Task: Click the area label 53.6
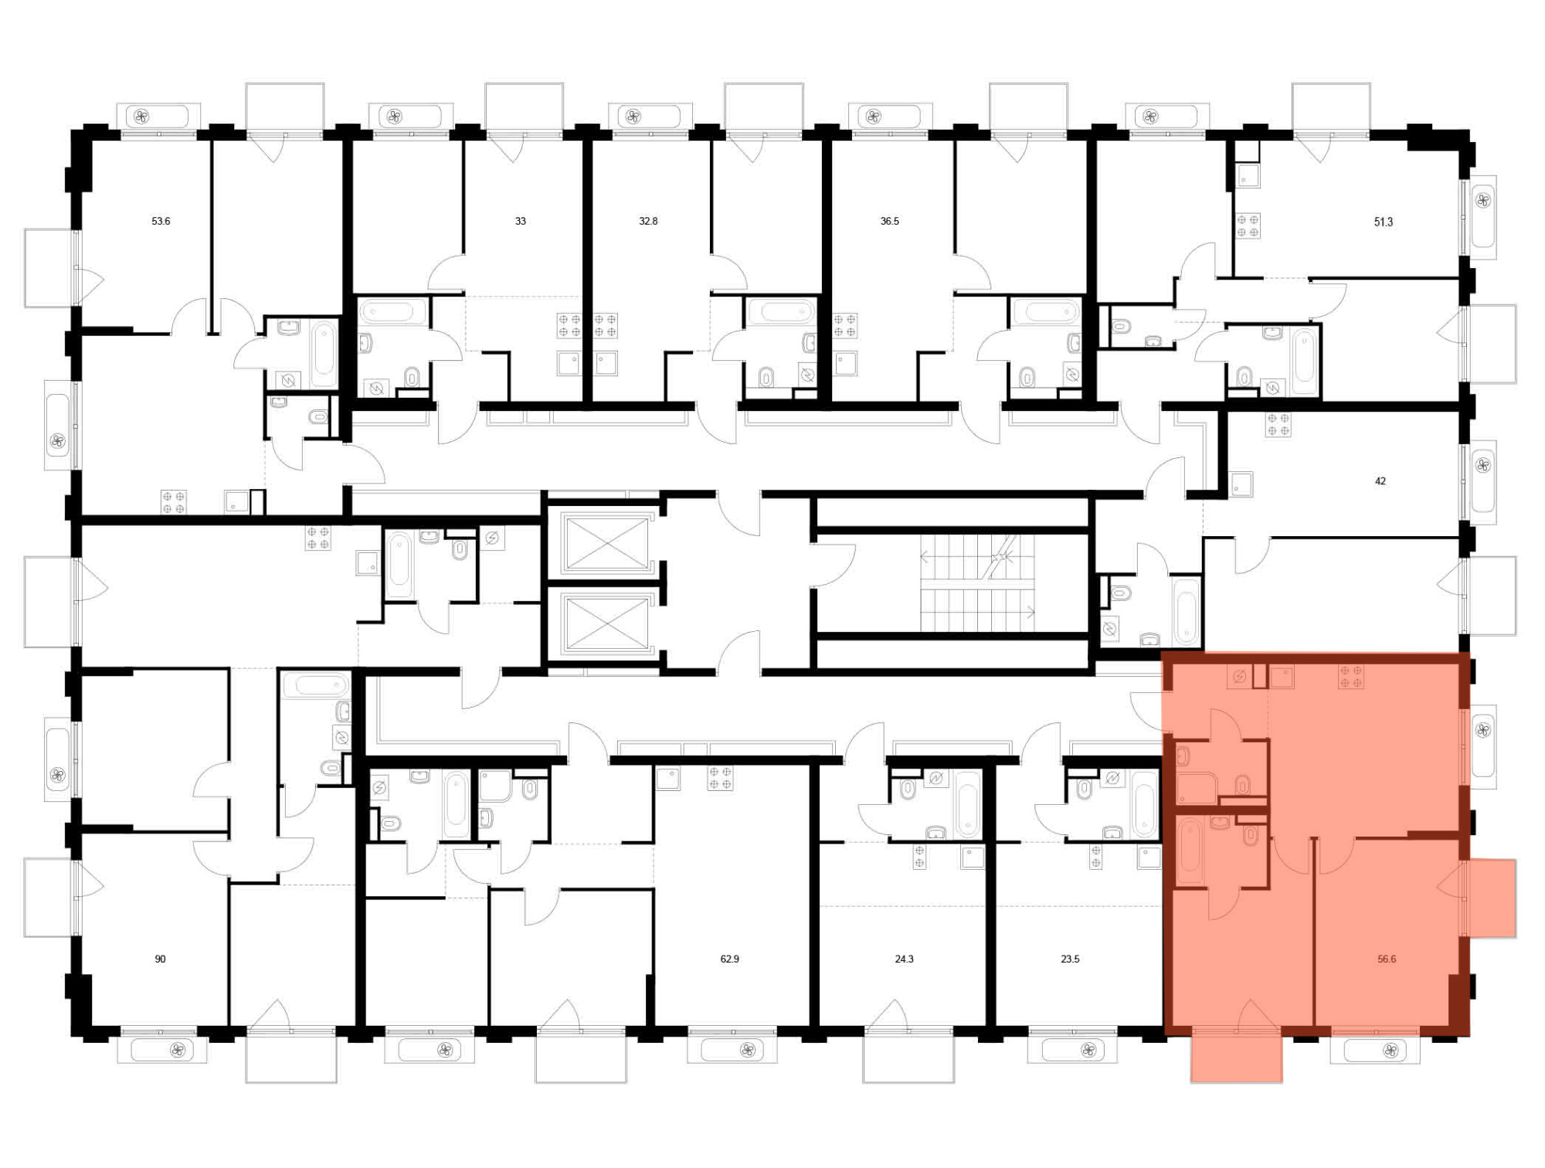coord(161,221)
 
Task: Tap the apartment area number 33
coord(521,221)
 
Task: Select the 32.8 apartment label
coord(648,221)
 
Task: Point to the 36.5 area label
coord(890,221)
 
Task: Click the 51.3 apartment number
coord(1384,222)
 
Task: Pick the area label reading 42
coord(1380,481)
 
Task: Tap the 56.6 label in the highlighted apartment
coord(1387,959)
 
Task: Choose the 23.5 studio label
coord(1070,959)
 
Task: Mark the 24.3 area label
coord(904,959)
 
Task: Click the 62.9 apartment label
coord(730,959)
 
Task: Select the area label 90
coord(160,959)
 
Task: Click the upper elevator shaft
coord(607,543)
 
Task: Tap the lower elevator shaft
coord(607,623)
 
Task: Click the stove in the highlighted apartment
coord(1351,677)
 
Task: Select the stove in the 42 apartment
coord(1278,425)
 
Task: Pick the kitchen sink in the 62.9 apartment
coord(667,778)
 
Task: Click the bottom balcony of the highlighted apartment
coord(1236,1055)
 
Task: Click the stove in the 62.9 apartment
coord(720,778)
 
